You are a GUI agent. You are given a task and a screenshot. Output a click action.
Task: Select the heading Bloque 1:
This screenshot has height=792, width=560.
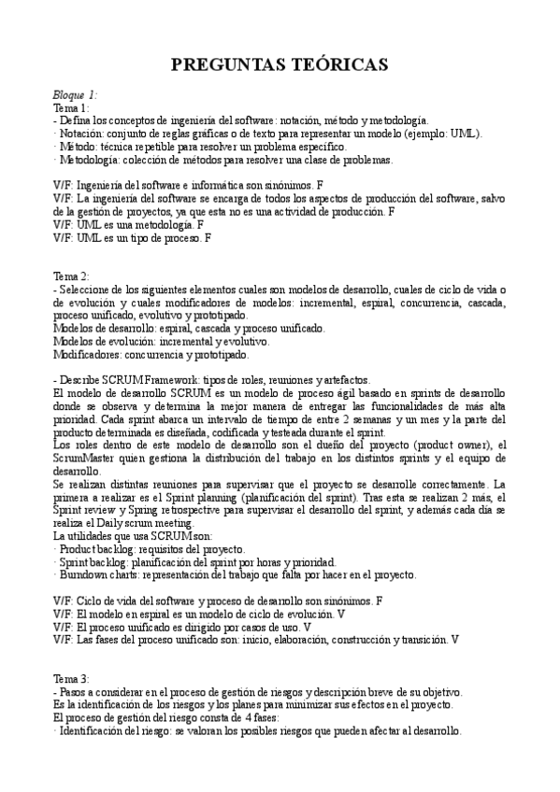click(75, 95)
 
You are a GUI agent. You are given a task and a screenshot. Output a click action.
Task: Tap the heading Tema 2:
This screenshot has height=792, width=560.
click(71, 276)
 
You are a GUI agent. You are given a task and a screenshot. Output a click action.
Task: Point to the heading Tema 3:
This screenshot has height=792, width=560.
click(71, 679)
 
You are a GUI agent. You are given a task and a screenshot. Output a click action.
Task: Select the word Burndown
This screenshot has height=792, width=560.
click(85, 574)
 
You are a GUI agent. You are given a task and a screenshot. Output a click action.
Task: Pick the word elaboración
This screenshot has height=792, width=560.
click(292, 640)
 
